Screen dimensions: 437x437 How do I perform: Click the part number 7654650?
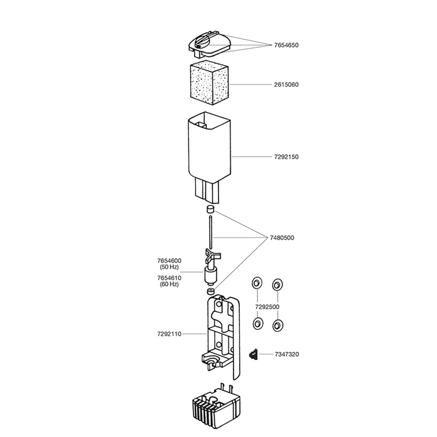point(286,45)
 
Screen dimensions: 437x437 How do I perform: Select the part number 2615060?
point(286,85)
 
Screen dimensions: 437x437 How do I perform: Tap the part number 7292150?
point(286,157)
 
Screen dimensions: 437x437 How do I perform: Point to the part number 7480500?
point(282,238)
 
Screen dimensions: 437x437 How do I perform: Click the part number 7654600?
point(169,261)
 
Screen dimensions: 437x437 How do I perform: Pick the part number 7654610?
point(169,278)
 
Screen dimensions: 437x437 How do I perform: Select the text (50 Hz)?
point(169,267)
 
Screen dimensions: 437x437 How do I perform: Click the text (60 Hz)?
point(169,284)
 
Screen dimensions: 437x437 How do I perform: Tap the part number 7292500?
point(267,307)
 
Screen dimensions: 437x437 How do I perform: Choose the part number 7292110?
point(169,334)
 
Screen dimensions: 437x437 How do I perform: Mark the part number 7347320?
point(287,355)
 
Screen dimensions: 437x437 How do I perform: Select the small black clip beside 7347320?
point(253,355)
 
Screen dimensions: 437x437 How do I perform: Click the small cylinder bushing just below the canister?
point(210,209)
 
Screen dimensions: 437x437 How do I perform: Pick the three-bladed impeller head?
point(212,255)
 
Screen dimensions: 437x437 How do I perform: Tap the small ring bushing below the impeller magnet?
point(211,292)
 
